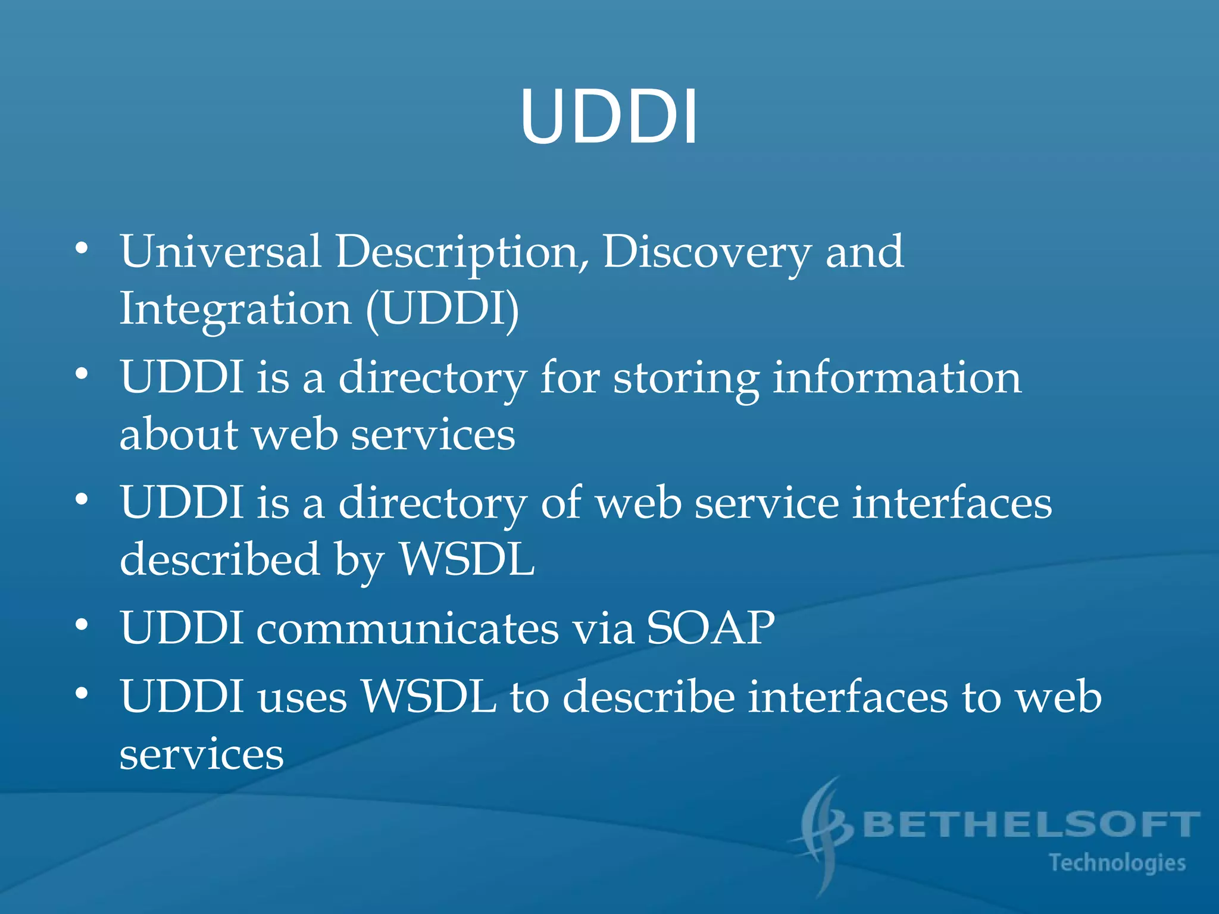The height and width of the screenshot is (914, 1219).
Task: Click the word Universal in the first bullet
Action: [x=220, y=252]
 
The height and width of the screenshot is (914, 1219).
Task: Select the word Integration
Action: [x=236, y=310]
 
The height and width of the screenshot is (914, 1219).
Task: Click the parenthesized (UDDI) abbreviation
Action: [x=442, y=310]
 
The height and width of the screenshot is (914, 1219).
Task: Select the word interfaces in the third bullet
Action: [x=952, y=503]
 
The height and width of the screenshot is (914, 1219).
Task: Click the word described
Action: [x=220, y=560]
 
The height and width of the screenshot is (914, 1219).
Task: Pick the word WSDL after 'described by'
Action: [x=467, y=560]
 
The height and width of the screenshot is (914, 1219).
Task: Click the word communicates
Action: [x=407, y=628]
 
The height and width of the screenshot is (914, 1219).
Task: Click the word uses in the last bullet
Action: [x=302, y=697]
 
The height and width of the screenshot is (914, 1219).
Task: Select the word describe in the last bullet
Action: [x=648, y=697]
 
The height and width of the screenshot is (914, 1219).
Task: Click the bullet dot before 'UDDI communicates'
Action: [x=82, y=625]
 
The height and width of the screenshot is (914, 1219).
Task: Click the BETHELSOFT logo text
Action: [x=1030, y=825]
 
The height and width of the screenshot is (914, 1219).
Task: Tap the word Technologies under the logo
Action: [x=1117, y=863]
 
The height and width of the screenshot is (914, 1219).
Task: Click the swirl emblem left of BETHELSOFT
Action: [x=824, y=833]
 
